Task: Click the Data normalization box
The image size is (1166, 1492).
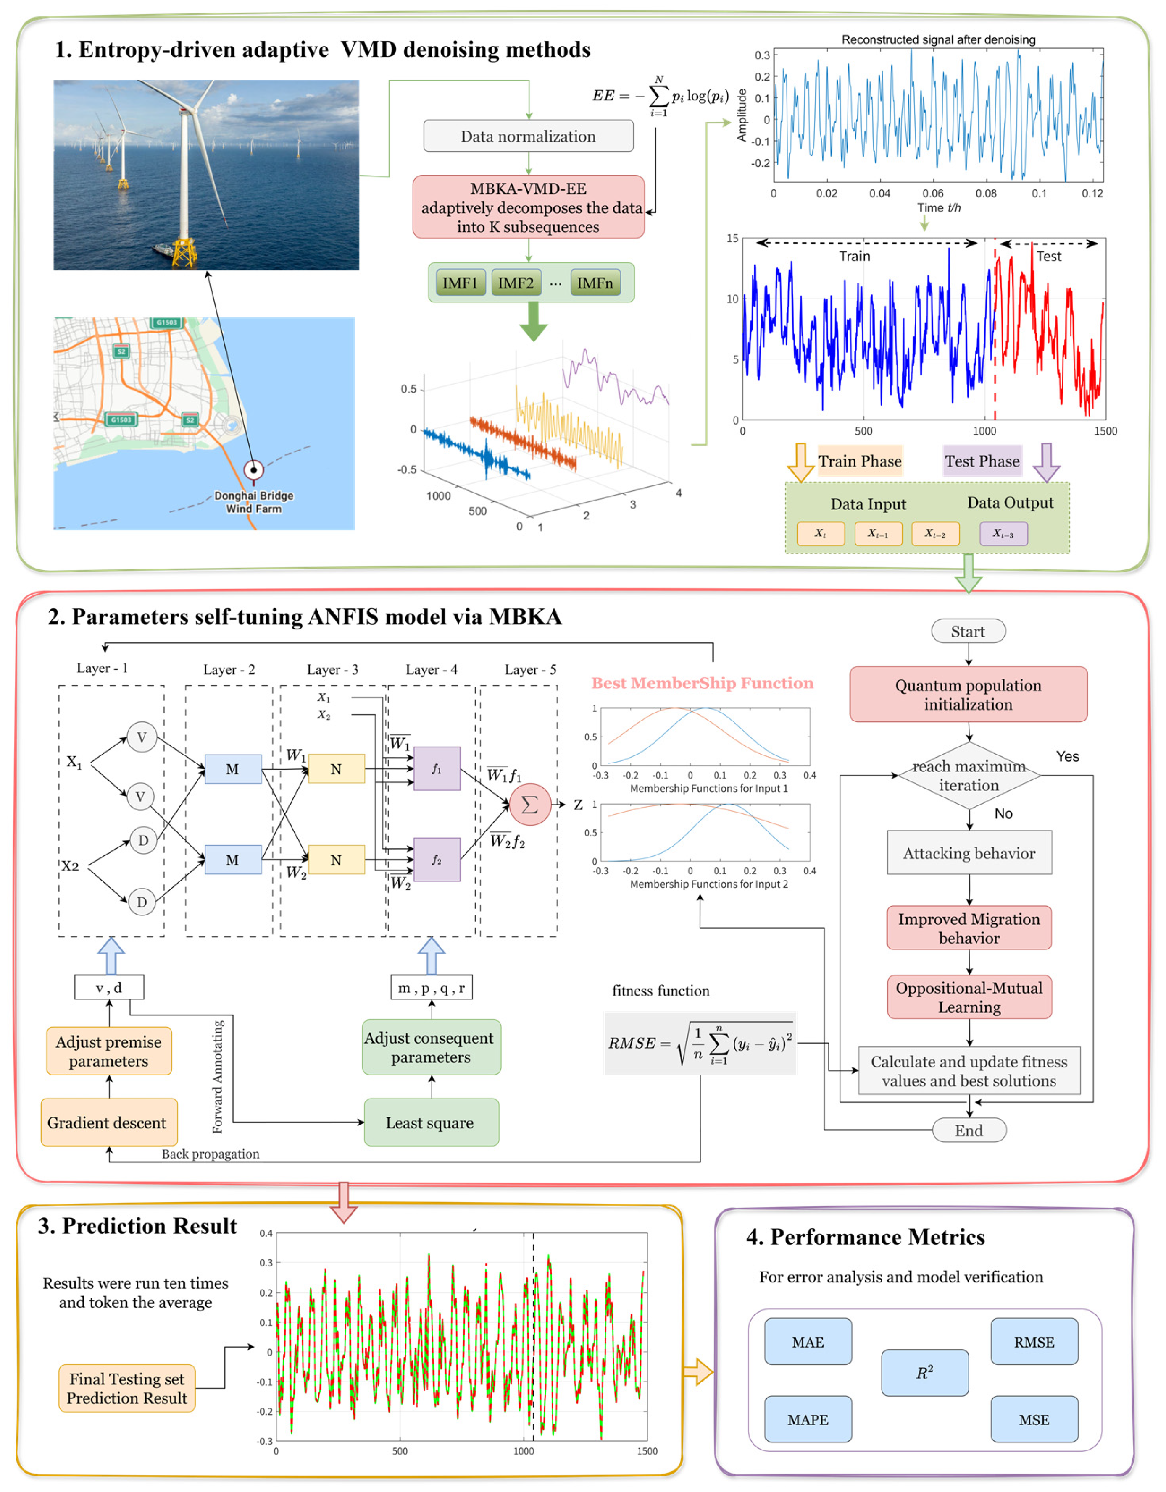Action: click(x=528, y=136)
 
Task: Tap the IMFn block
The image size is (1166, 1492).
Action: click(x=595, y=283)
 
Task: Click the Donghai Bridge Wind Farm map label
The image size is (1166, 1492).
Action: click(x=253, y=502)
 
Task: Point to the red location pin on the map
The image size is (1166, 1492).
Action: click(x=253, y=470)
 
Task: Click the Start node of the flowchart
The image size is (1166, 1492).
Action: click(x=968, y=631)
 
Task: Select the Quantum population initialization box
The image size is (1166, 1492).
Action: click(x=968, y=694)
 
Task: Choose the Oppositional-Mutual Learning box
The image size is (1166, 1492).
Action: click(x=969, y=997)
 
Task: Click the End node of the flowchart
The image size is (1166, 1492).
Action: click(x=969, y=1130)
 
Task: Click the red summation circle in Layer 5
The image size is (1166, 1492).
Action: click(x=530, y=805)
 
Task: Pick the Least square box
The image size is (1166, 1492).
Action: click(x=431, y=1122)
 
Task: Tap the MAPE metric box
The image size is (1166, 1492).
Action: click(x=808, y=1420)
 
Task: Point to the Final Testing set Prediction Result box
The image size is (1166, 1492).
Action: click(x=127, y=1388)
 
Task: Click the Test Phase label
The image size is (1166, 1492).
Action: click(x=982, y=461)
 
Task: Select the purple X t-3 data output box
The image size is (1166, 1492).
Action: click(x=1003, y=534)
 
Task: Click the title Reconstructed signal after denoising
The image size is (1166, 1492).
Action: click(x=938, y=39)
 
